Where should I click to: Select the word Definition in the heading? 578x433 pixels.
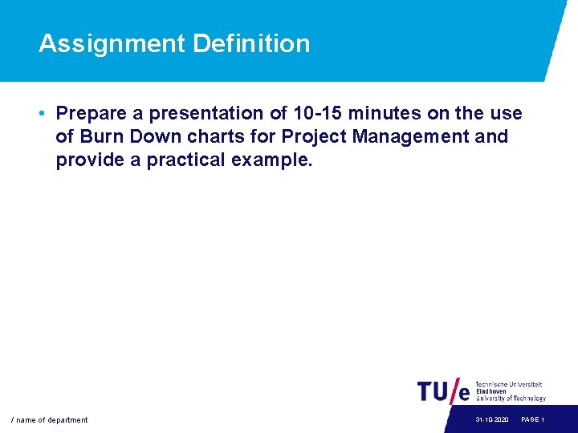(x=250, y=43)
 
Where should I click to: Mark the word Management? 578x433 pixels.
(x=412, y=136)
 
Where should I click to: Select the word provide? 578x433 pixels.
(x=89, y=160)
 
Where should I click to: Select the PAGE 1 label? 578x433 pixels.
(x=533, y=420)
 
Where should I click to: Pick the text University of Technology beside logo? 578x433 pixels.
(x=511, y=399)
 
